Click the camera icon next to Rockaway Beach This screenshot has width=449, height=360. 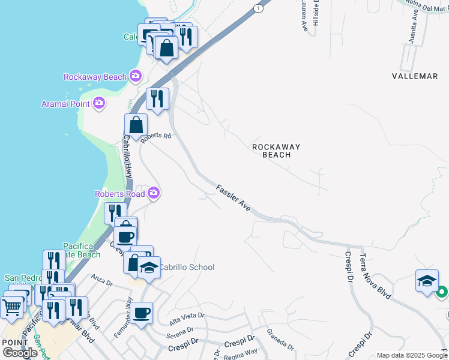136,76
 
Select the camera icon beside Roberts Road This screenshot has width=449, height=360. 154,193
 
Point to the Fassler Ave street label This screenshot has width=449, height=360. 234,197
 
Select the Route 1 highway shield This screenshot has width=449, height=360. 258,8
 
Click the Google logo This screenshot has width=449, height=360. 20,353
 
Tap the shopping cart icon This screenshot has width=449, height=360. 11,308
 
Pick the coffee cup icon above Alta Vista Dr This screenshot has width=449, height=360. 142,313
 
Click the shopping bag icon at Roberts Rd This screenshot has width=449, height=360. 136,125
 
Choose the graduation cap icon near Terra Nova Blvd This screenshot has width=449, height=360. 427,280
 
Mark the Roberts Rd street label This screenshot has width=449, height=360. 156,136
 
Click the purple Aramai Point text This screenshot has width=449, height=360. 65,104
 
